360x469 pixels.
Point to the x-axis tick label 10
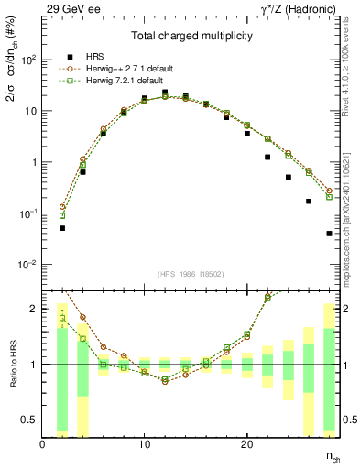click(x=144, y=444)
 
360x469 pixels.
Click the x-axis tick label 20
click(x=246, y=444)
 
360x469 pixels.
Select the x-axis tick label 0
click(x=42, y=444)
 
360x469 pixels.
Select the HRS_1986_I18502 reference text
click(x=191, y=274)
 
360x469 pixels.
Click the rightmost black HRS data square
click(x=329, y=234)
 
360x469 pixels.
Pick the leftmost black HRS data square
click(x=62, y=228)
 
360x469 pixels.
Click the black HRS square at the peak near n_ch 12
click(x=165, y=93)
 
